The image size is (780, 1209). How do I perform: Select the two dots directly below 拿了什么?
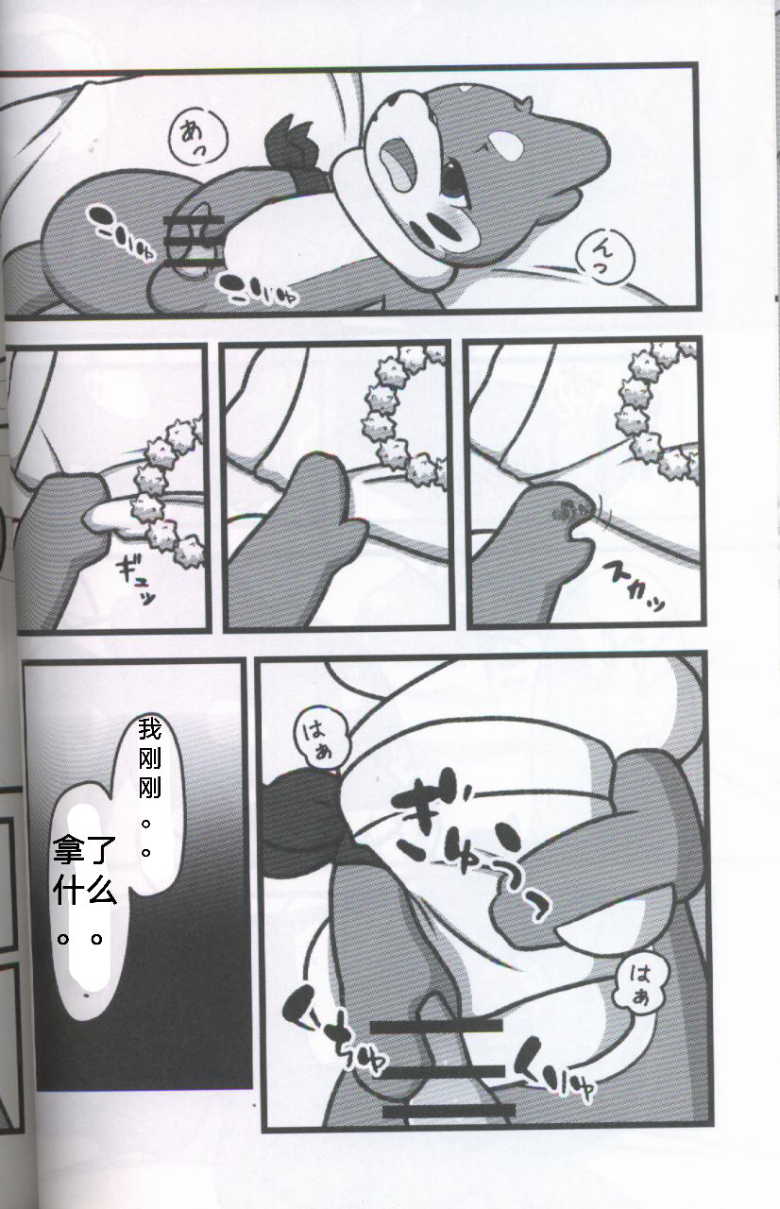tap(78, 940)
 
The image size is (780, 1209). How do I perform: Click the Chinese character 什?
tap(72, 891)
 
